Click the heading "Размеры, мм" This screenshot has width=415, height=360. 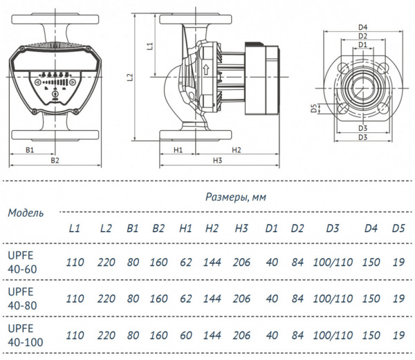(x=236, y=197)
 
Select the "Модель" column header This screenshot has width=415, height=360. (x=26, y=213)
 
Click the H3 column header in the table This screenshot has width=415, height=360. (x=241, y=228)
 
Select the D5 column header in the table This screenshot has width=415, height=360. (x=398, y=228)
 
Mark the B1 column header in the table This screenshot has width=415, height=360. (x=133, y=228)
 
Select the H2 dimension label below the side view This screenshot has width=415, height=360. (x=236, y=150)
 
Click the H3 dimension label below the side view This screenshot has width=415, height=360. (x=217, y=161)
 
